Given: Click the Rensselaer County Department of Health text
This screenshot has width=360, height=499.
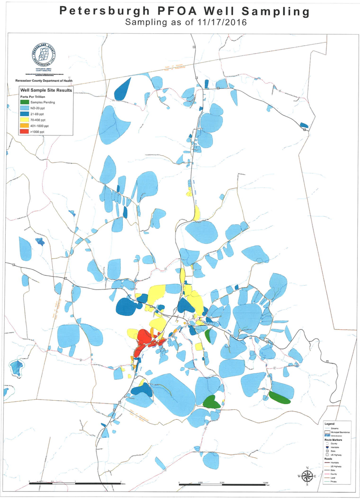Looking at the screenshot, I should [43, 82].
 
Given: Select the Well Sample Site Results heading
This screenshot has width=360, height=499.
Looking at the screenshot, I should [45, 90].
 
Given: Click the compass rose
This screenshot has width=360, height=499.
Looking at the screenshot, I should [307, 476].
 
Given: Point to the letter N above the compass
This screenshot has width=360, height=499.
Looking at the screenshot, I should [307, 467].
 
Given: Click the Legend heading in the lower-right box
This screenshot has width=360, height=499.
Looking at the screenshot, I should [330, 422].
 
